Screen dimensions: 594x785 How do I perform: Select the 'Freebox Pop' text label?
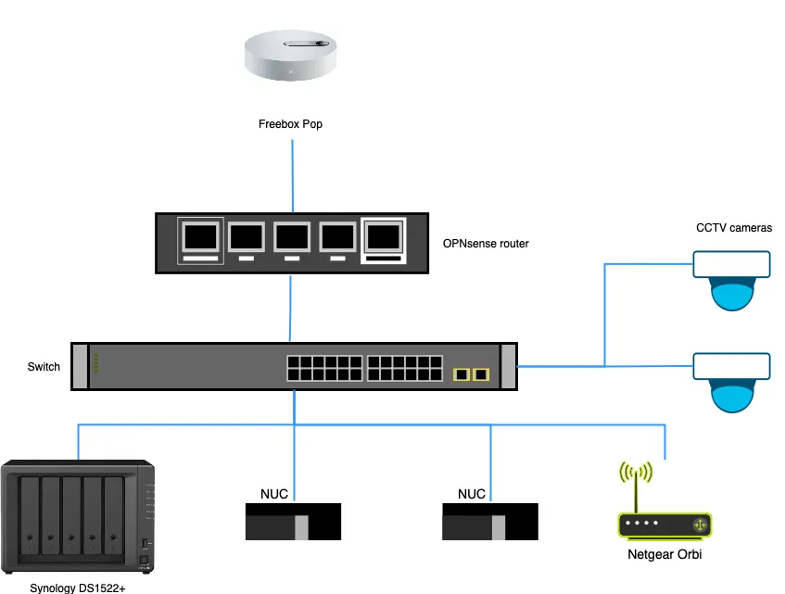pos(290,124)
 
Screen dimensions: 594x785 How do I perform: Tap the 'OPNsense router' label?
pos(487,244)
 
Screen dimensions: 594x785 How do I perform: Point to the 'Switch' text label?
pos(44,367)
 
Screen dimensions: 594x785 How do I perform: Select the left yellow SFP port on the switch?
pos(461,374)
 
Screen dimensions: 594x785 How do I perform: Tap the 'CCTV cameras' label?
pos(734,228)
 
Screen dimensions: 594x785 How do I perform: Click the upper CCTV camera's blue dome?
pos(732,296)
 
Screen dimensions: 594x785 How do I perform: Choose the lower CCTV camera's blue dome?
pos(732,397)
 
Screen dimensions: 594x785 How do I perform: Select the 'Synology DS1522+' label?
pos(78,588)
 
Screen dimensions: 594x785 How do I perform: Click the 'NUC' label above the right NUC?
pos(472,494)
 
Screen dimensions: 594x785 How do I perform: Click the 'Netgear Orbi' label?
pos(664,554)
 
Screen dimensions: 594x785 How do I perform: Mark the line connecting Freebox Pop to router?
pos(293,176)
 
